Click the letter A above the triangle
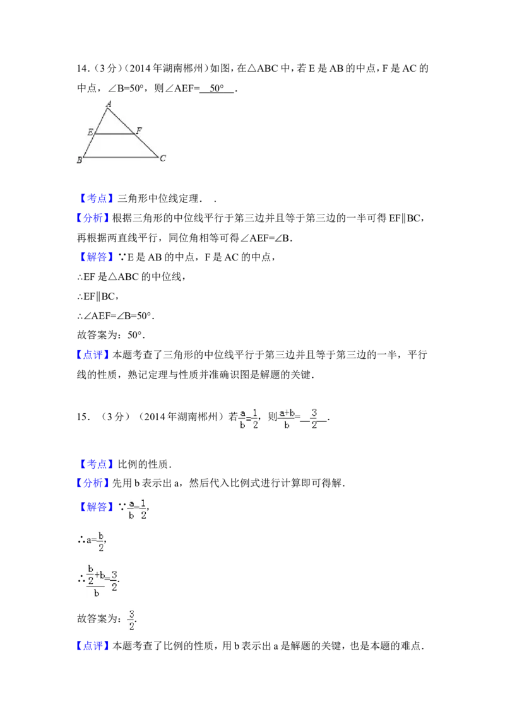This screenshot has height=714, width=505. coord(109,103)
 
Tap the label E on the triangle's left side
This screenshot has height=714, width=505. coord(90,132)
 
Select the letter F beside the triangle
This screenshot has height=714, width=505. coord(139,131)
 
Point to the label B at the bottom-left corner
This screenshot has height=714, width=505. coord(79,161)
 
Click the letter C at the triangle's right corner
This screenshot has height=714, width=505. coord(162,158)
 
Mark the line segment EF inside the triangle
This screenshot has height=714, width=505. coord(114,134)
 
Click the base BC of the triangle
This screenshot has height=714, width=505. coord(120,157)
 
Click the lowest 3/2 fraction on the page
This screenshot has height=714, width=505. coord(132,620)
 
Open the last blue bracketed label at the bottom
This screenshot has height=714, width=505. coord(93,646)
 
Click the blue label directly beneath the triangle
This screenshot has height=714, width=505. coord(98,199)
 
